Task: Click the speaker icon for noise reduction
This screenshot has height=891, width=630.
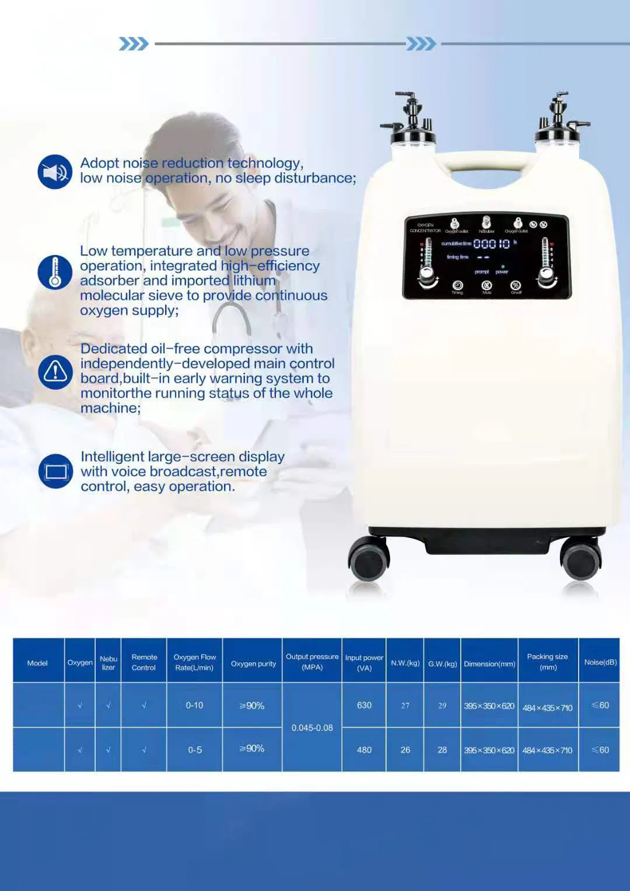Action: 55,172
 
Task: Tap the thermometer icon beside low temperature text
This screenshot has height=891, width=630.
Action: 55,272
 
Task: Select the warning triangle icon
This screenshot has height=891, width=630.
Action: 55,372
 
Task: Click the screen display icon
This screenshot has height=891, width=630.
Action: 56,471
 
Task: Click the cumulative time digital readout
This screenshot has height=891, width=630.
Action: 491,244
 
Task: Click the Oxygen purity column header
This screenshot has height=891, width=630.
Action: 253,663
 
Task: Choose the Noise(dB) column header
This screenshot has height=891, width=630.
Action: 600,662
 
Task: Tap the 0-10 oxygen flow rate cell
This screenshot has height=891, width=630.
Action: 194,705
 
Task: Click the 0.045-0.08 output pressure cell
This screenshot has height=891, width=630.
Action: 312,728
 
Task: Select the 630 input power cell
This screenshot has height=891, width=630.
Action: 364,705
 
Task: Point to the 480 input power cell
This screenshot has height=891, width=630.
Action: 364,750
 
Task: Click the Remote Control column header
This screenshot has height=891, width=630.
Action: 144,662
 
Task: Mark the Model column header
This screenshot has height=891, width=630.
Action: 37,663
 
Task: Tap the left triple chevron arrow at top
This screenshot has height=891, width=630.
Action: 134,44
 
